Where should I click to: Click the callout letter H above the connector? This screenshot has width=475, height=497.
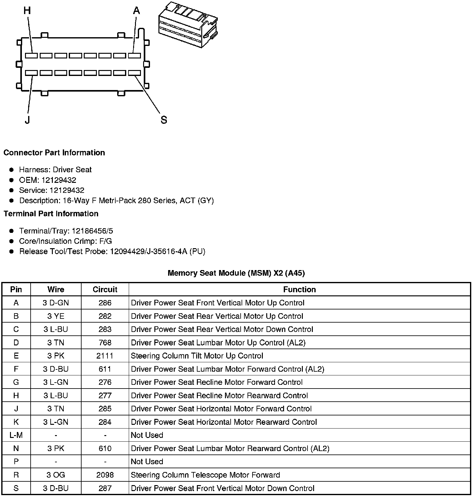click(27, 11)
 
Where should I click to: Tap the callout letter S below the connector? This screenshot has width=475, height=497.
click(164, 120)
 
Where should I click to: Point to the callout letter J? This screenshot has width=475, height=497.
click(27, 120)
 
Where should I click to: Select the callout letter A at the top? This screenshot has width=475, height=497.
click(137, 11)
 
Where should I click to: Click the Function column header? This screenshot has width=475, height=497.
click(299, 289)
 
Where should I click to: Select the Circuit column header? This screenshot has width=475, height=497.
click(105, 289)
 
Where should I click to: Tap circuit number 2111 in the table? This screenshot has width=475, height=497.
click(105, 356)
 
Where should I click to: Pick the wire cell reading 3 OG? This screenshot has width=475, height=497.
click(56, 475)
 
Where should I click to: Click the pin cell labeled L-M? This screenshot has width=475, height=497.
click(16, 435)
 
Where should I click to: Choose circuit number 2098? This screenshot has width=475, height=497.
click(105, 475)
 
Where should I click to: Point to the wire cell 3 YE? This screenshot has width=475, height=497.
click(56, 316)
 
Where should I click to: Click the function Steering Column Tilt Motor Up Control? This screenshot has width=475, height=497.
click(197, 356)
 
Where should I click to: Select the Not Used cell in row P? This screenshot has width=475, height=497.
click(147, 462)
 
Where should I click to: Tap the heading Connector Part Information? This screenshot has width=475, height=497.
click(54, 153)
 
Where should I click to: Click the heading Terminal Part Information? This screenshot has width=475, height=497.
click(51, 213)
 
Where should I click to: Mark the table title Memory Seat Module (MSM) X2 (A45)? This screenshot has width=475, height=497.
click(236, 273)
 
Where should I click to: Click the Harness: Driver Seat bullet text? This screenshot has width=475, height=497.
click(55, 170)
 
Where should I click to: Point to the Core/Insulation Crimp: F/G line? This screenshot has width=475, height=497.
click(65, 241)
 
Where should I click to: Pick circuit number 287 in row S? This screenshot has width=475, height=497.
click(105, 488)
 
